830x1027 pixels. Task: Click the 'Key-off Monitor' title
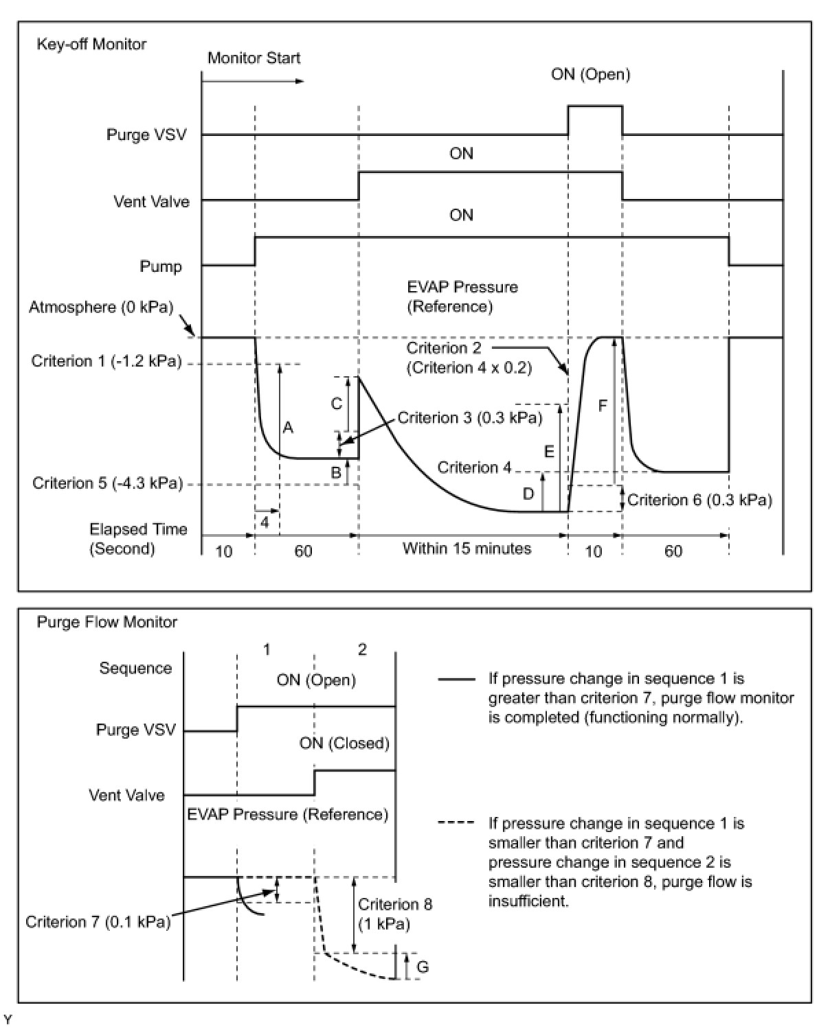pos(91,45)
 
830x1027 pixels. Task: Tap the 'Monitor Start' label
pos(254,58)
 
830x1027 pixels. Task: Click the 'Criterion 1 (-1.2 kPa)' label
pos(106,361)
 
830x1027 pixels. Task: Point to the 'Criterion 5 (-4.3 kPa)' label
pos(108,484)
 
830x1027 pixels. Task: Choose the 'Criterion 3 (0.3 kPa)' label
pos(470,418)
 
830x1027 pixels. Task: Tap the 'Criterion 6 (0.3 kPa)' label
pos(699,500)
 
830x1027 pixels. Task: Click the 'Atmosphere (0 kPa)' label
pos(101,307)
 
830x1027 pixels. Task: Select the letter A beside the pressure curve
pos(288,428)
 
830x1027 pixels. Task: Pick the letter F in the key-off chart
pos(603,406)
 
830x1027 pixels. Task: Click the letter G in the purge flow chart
pos(423,967)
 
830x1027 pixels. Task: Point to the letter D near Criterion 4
pos(528,494)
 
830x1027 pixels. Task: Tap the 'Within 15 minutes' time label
pos(467,549)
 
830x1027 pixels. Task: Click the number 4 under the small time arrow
pos(265,522)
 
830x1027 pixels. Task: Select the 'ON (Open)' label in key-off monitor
pos(590,75)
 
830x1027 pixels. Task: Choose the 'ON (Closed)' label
pos(344,743)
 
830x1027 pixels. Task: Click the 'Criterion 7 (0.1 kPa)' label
pos(98,922)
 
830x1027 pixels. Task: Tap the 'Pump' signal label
pos(161,267)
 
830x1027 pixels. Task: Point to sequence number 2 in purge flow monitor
pos(362,650)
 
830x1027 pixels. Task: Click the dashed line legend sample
pos(456,824)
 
